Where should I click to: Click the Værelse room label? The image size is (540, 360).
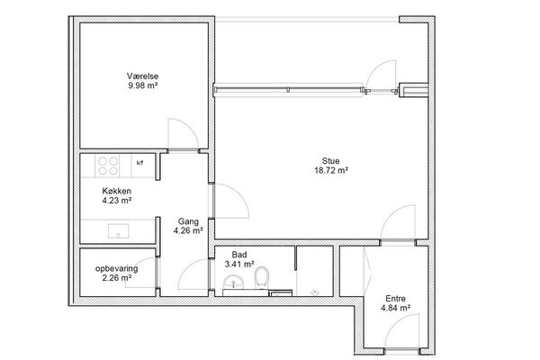[x=142, y=76]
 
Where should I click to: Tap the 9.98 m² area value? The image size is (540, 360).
[x=143, y=85]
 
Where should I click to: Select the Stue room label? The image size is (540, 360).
[x=330, y=161]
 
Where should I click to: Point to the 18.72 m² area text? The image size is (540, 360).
[x=331, y=170]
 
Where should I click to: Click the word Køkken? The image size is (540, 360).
[x=116, y=191]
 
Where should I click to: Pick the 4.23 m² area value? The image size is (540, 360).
[x=117, y=200]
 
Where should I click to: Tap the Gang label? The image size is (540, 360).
[x=188, y=221]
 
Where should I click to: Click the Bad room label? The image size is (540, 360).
[x=239, y=255]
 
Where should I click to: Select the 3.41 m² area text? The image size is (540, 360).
[x=239, y=265]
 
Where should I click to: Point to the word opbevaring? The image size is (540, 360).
[x=117, y=269]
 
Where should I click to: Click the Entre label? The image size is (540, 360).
[x=395, y=298]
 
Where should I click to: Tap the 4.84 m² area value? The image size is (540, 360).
[x=395, y=308]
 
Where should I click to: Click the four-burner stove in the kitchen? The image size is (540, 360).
[x=108, y=166]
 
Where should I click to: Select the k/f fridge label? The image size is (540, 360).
[x=139, y=163]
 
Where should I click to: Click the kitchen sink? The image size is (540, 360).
[x=118, y=231]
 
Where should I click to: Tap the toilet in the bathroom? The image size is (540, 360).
[x=262, y=277]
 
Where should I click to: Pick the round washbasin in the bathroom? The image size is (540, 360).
[x=233, y=283]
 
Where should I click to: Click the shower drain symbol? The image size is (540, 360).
[x=314, y=292]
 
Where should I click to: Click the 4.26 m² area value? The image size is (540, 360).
[x=188, y=230]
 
